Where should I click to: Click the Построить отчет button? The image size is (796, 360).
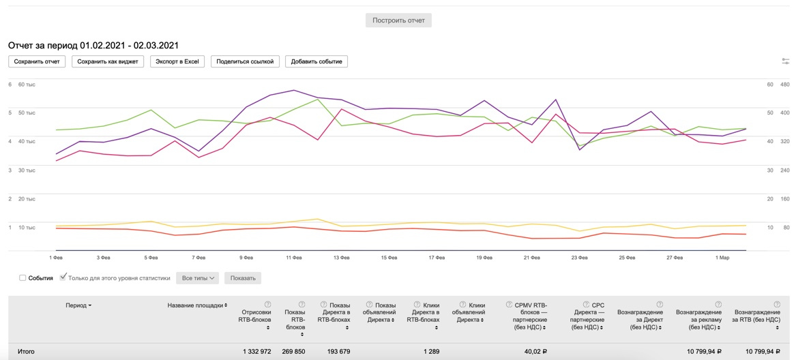click(398, 20)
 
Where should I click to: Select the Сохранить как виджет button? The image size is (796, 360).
click(108, 61)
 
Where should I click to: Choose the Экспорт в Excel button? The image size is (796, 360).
click(177, 61)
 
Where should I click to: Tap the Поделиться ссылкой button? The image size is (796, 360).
click(245, 61)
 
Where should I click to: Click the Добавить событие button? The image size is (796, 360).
click(316, 61)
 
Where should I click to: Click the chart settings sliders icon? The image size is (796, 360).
click(786, 61)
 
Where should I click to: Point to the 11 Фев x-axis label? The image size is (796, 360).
click(294, 258)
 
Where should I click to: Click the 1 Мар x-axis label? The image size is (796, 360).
click(722, 258)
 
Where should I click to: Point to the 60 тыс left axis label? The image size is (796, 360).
click(27, 85)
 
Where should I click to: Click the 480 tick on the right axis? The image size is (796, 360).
click(785, 85)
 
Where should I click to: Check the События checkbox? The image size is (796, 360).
click(23, 278)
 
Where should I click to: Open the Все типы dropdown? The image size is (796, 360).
click(198, 278)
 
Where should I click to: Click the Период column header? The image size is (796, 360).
click(78, 305)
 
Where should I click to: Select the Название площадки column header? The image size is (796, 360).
click(197, 305)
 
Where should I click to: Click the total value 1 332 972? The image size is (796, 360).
click(256, 352)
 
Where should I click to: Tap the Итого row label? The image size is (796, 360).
click(26, 352)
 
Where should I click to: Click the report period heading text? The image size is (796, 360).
click(93, 46)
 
